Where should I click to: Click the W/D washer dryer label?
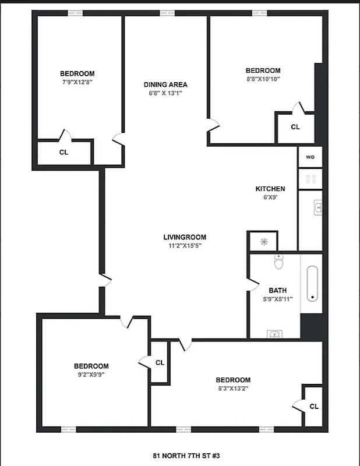pyautogui.click(x=310, y=157)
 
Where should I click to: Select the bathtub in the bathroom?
pyautogui.click(x=312, y=284)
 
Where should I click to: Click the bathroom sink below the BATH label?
pyautogui.click(x=274, y=334)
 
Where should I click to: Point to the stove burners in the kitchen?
pyautogui.click(x=310, y=178)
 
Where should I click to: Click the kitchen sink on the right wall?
pyautogui.click(x=318, y=207)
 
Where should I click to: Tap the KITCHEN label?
pyautogui.click(x=270, y=189)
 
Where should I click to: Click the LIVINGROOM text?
pyautogui.click(x=185, y=237)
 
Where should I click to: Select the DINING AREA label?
pyautogui.click(x=165, y=84)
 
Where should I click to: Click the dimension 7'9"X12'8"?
pyautogui.click(x=77, y=82)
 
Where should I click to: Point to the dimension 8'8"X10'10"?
pyautogui.click(x=263, y=79)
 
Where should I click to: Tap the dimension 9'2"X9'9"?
pyautogui.click(x=91, y=375)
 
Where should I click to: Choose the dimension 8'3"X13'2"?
pyautogui.click(x=233, y=389)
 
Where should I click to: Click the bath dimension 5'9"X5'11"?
pyautogui.click(x=277, y=299)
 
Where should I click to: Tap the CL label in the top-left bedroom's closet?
pyautogui.click(x=63, y=153)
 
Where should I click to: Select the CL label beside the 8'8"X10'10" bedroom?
pyautogui.click(x=295, y=126)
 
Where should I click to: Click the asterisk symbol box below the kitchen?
pyautogui.click(x=263, y=241)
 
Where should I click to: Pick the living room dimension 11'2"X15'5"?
pyautogui.click(x=185, y=246)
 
